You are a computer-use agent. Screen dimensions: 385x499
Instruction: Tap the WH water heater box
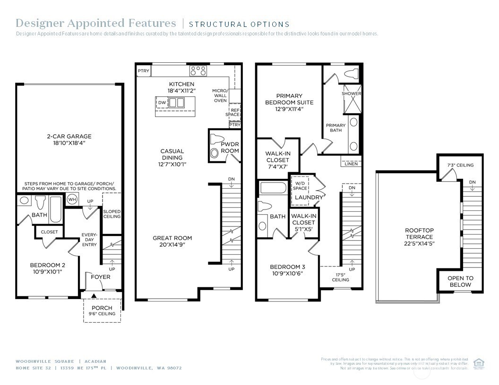click(72, 200)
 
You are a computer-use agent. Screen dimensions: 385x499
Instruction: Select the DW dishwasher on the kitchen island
click(162, 102)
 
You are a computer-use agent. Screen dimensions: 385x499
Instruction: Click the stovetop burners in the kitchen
click(198, 71)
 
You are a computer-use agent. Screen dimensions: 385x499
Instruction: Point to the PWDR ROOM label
click(230, 147)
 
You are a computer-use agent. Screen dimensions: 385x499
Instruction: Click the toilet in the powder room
click(215, 152)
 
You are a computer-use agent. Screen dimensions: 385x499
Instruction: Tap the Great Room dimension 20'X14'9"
click(172, 245)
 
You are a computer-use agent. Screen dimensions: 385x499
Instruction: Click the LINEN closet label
click(351, 164)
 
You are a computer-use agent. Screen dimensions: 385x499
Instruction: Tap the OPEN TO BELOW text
click(460, 281)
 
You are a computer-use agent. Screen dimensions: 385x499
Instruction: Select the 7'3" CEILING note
click(460, 165)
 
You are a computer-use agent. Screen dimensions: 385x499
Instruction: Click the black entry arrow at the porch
click(94, 296)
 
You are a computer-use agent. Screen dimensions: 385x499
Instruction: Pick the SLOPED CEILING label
click(112, 214)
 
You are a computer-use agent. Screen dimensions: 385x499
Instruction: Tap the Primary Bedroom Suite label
click(289, 102)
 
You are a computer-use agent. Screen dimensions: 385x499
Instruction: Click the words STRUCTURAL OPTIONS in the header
click(239, 25)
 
